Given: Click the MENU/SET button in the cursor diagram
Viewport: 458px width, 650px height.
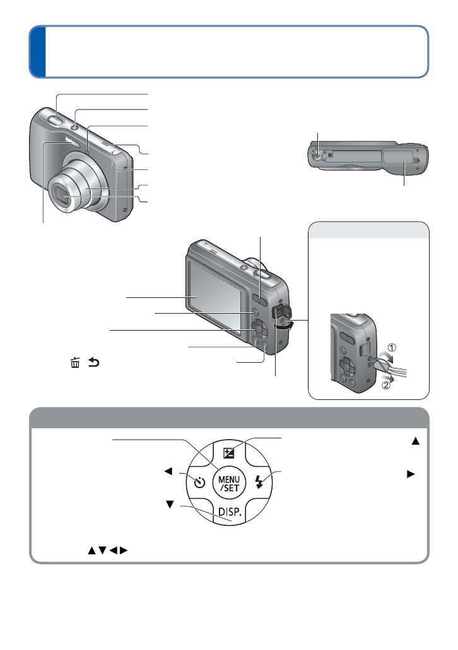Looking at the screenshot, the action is [229, 483].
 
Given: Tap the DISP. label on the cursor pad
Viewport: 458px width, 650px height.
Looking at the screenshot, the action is [230, 511].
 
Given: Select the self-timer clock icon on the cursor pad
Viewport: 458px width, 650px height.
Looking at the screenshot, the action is [200, 482].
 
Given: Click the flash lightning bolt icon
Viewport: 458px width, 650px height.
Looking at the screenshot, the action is [259, 482].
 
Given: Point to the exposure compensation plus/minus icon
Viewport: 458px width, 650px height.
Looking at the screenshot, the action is [229, 453].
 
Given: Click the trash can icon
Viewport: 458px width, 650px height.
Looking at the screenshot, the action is [75, 363].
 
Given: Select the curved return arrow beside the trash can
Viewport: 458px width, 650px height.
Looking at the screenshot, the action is [94, 363].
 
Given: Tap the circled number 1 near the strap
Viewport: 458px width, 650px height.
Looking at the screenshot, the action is [392, 348].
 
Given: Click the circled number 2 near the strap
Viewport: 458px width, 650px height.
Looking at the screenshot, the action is [385, 385].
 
